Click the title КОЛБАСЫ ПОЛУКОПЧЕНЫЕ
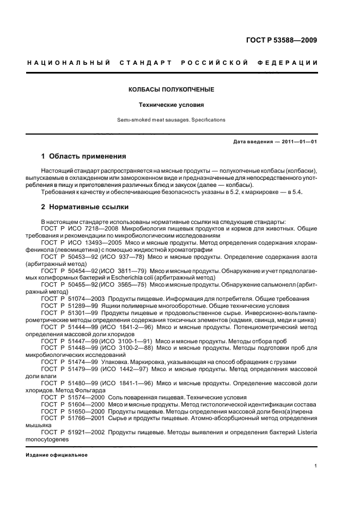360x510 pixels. tap(171, 89)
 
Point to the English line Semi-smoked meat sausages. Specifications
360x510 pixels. tap(171, 119)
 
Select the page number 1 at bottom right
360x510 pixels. tap(316, 465)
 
